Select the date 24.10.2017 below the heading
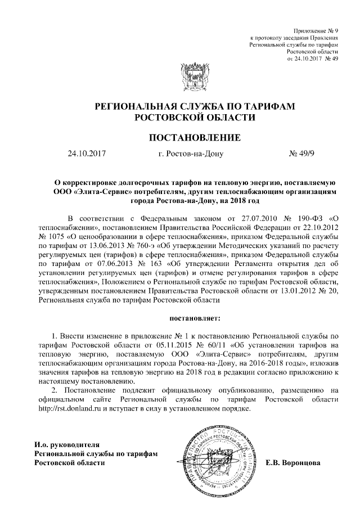click(x=86, y=153)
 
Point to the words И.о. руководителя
click(x=67, y=444)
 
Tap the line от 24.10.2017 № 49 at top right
click(x=312, y=58)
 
